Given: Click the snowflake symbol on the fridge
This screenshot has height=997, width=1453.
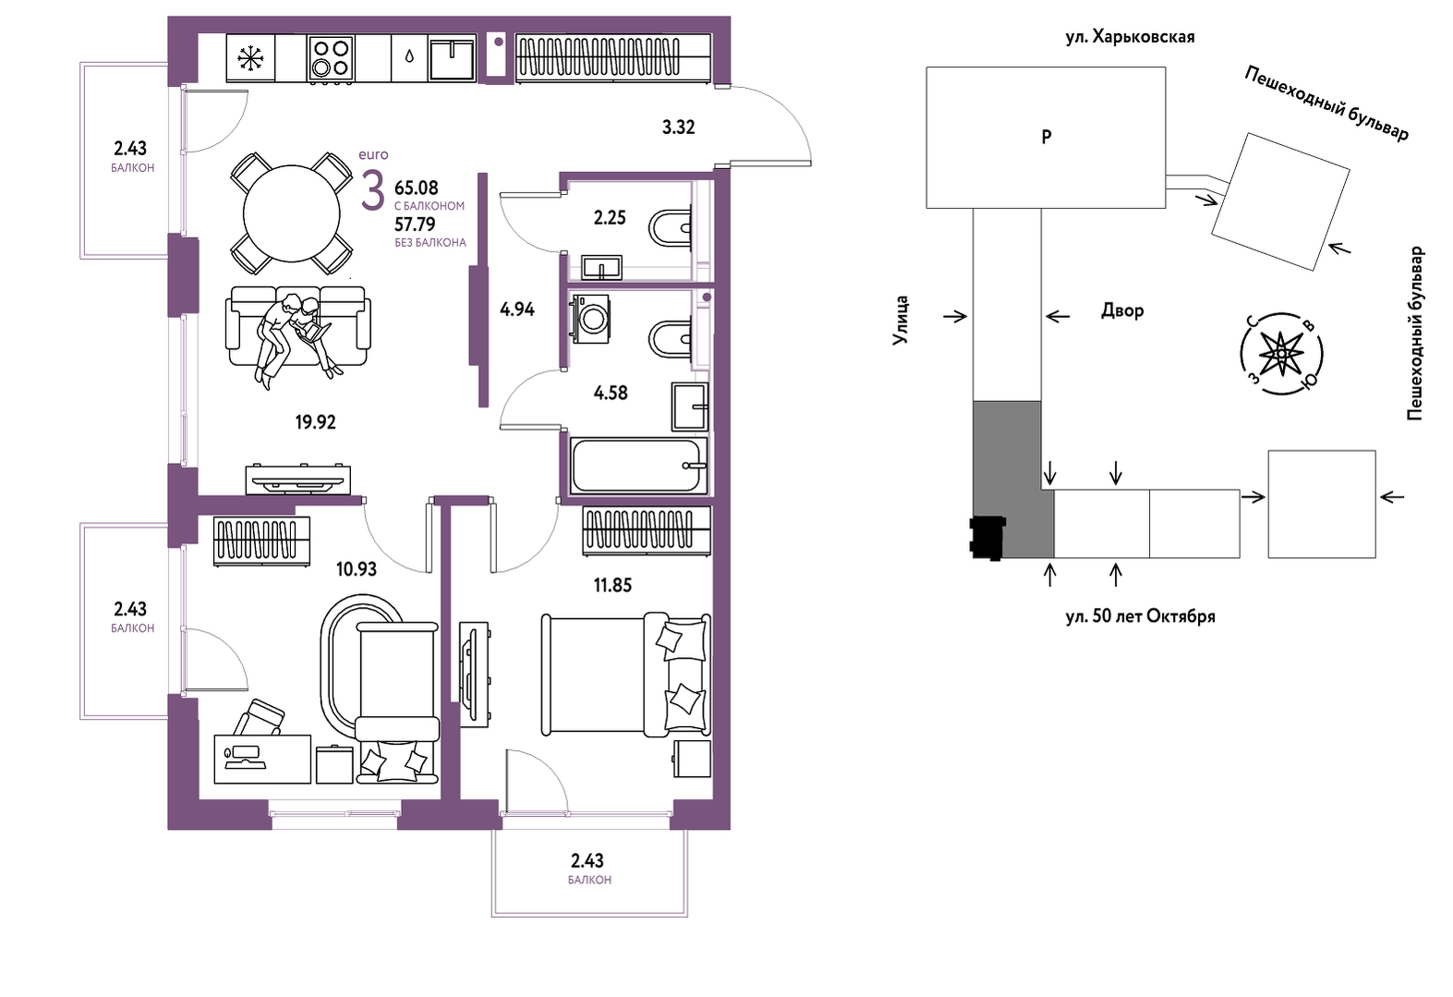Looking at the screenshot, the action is [250, 58].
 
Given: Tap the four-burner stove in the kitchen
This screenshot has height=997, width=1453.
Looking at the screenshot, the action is [331, 58].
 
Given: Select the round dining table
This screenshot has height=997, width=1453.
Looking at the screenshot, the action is [292, 214].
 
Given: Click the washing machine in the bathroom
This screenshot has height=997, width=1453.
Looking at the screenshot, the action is [590, 318].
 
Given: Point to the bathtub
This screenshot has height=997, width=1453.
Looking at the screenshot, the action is [638, 466].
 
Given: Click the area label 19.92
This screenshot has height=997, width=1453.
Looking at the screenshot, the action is [316, 423].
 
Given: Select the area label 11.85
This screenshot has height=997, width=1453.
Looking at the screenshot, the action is [612, 586].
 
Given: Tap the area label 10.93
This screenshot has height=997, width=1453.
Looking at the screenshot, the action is [357, 569].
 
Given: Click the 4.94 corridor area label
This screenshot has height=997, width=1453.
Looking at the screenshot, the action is [517, 310].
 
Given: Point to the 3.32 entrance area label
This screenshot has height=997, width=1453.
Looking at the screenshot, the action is [679, 128].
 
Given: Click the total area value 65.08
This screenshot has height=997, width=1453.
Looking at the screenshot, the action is [417, 188].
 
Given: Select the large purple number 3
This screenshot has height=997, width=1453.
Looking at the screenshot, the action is [372, 190].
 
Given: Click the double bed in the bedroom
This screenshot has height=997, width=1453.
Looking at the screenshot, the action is [626, 675].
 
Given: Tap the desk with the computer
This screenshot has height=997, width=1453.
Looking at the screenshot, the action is [262, 759].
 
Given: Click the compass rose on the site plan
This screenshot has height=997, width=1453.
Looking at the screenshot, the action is [1281, 354].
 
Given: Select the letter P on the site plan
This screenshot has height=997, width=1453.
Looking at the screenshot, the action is [1047, 137].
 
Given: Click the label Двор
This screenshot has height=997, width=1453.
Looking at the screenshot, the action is [1122, 311].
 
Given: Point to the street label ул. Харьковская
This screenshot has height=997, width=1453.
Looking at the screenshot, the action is [1130, 37].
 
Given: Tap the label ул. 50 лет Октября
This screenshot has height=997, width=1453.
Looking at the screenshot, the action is [1141, 616].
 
